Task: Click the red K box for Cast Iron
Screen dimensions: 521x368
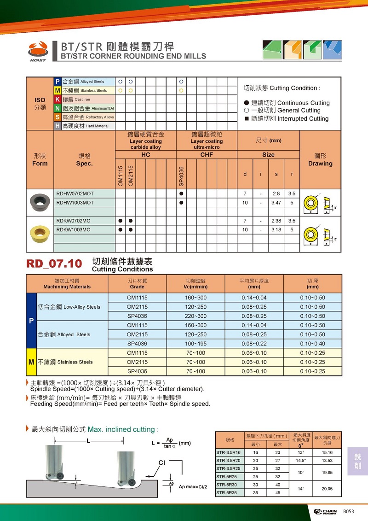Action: tap(57, 99)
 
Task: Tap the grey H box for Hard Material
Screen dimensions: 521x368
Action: tap(57, 126)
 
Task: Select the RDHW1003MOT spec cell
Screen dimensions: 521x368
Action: tap(75, 203)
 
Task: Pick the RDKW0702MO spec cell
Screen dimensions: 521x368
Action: tap(74, 221)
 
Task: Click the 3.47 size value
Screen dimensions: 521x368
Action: tap(276, 203)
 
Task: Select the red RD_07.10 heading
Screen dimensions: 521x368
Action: tap(54, 264)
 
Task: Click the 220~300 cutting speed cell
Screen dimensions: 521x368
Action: tap(196, 316)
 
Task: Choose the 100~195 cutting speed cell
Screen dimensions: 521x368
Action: tap(196, 344)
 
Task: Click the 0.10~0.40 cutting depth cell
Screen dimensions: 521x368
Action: tap(312, 344)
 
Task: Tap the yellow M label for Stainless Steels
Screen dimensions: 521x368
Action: tap(31, 362)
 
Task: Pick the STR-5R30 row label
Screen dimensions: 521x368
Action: tap(226, 485)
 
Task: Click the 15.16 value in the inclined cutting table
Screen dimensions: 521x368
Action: tap(327, 452)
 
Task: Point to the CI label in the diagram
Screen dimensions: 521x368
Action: tap(162, 462)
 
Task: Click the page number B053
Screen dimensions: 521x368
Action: tap(349, 512)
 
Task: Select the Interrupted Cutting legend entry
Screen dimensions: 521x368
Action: tap(286, 119)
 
